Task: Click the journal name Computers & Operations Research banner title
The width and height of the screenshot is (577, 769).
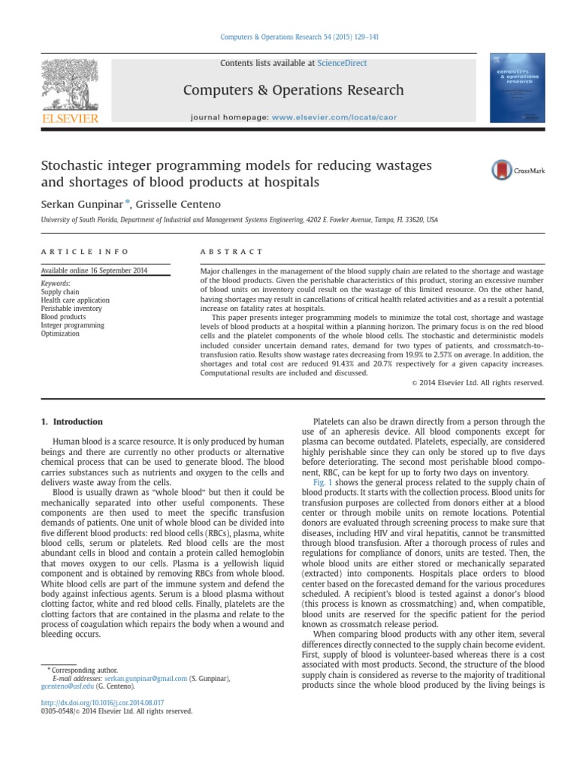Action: coord(294,90)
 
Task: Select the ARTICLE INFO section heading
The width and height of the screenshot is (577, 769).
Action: coord(84,252)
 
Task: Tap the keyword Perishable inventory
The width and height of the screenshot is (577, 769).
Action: coord(73,309)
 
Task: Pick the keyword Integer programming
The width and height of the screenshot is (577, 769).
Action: coord(74,325)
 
